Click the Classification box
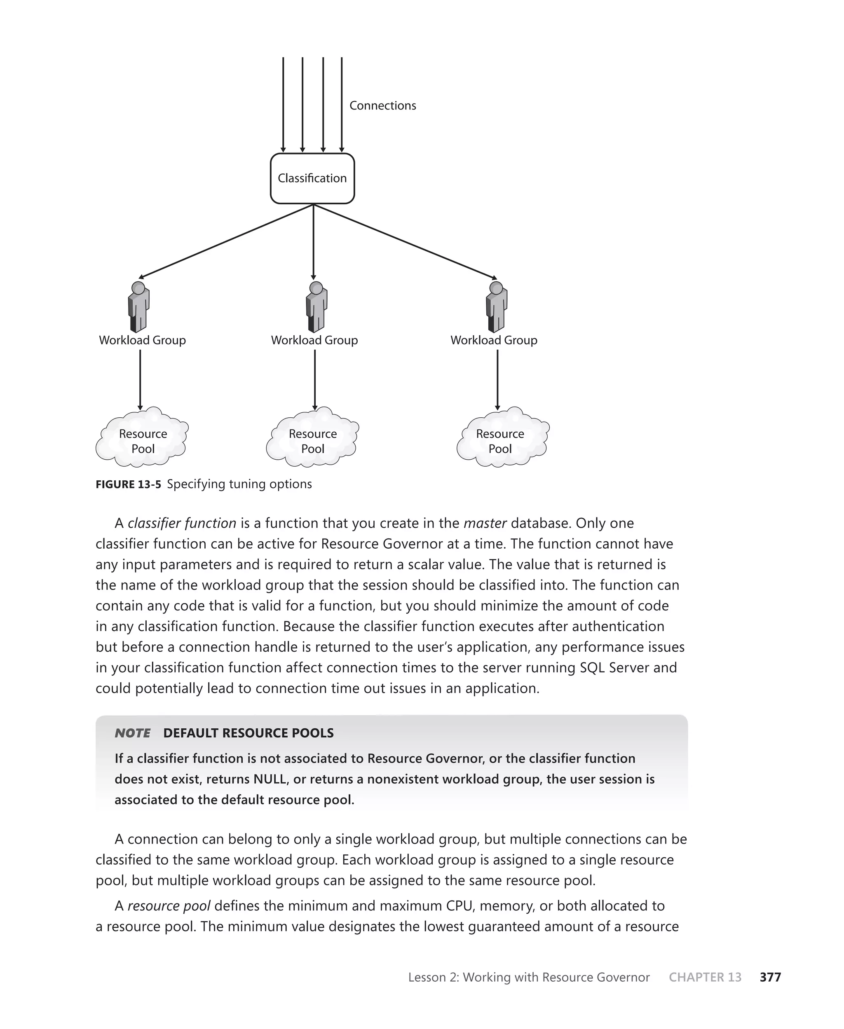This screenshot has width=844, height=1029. click(x=312, y=178)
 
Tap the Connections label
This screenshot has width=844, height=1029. click(x=382, y=105)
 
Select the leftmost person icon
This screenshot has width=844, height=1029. click(x=138, y=307)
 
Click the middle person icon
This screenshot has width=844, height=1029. click(x=316, y=307)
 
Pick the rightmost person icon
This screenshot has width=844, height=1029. click(x=496, y=307)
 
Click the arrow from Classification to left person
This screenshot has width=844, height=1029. click(x=226, y=241)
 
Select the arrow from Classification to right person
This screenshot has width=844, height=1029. click(x=405, y=241)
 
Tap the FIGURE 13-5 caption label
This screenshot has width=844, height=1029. click(x=128, y=484)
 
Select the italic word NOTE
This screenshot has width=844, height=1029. click(x=132, y=733)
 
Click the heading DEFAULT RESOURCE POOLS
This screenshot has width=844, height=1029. click(x=249, y=733)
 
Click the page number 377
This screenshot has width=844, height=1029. click(x=770, y=977)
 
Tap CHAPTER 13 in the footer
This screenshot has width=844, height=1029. click(x=705, y=977)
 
